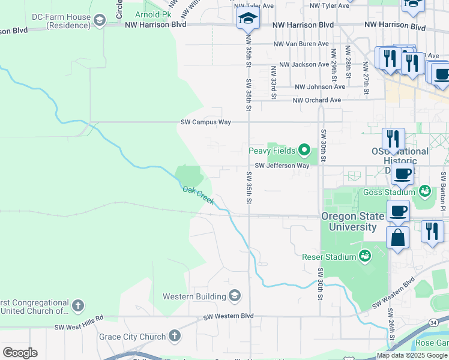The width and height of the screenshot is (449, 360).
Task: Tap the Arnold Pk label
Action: click(x=152, y=14)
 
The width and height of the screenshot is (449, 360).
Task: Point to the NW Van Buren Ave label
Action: click(x=301, y=44)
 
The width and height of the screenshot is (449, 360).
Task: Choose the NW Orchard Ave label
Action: click(x=316, y=100)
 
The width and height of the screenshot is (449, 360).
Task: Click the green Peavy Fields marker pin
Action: click(x=304, y=150)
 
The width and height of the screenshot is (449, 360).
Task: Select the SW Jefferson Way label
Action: click(x=282, y=166)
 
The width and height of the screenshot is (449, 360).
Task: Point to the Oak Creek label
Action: click(x=198, y=195)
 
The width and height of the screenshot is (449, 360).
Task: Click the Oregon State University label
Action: click(x=349, y=222)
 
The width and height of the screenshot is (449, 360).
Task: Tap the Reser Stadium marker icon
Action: click(x=364, y=257)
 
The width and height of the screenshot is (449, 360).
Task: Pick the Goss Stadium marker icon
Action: click(x=425, y=191)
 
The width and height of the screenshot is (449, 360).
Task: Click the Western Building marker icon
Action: click(x=235, y=296)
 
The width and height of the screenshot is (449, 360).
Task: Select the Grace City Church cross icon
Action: click(x=174, y=336)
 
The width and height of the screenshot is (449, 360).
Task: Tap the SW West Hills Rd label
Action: click(x=79, y=322)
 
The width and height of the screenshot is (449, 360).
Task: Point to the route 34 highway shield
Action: click(x=433, y=322)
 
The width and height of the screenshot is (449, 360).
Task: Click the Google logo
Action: click(x=20, y=353)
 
